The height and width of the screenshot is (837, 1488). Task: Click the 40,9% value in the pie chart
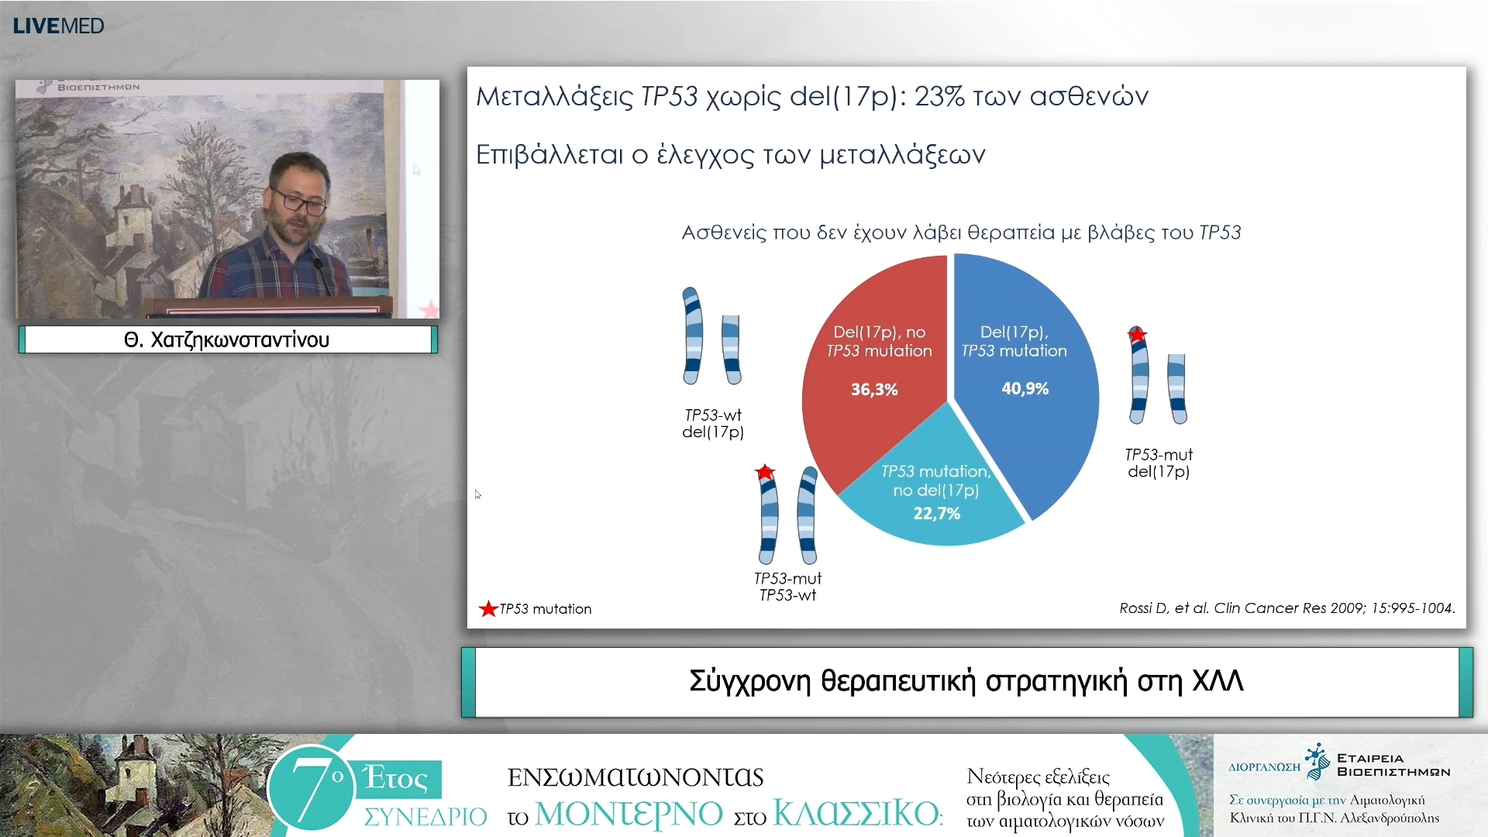click(x=1025, y=388)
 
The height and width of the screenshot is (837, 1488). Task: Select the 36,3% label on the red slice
click(x=874, y=389)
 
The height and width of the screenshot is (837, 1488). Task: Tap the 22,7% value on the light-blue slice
click(x=936, y=513)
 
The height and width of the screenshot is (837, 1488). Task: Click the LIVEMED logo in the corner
click(x=58, y=26)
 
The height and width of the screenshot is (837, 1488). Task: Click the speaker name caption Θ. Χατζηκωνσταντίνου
click(x=227, y=339)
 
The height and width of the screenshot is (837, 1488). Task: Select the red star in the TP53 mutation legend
click(x=488, y=609)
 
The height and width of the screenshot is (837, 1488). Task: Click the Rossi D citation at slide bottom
click(x=1286, y=608)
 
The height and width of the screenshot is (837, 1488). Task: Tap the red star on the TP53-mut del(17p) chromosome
click(x=1137, y=335)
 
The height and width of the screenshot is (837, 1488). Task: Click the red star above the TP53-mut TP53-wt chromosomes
click(x=765, y=472)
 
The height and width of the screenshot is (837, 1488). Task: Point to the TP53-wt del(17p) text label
click(x=713, y=423)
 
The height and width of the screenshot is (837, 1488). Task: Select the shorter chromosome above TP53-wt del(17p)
click(x=731, y=349)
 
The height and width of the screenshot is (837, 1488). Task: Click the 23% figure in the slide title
click(x=939, y=96)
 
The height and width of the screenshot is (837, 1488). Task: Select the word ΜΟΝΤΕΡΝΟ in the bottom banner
click(x=629, y=814)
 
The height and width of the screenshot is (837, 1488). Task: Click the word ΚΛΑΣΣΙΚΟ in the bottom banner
click(x=856, y=814)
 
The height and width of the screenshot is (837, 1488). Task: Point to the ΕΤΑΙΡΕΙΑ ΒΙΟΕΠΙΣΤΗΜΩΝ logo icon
click(x=1317, y=761)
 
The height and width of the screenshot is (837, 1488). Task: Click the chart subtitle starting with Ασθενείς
click(x=961, y=232)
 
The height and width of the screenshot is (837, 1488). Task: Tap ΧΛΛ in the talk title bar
click(x=1218, y=680)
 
